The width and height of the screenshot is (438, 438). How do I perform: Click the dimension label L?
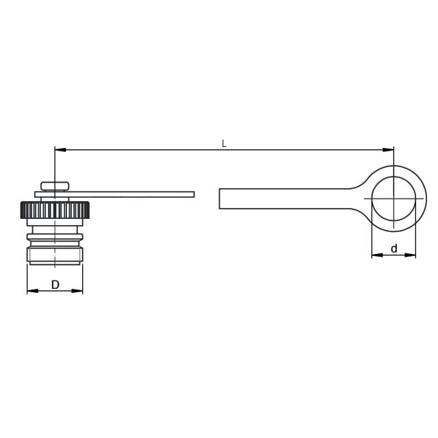(224, 144)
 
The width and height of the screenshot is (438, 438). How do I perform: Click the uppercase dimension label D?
(55, 285)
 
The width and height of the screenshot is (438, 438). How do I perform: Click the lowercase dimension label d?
(394, 248)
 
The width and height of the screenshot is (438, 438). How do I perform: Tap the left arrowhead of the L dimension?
(60, 150)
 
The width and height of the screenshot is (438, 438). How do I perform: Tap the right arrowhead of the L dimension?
(388, 150)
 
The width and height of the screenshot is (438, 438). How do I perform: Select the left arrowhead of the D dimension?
(32, 291)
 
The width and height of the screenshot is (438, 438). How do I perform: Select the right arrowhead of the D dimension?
(77, 291)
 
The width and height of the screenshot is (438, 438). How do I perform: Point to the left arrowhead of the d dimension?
(377, 255)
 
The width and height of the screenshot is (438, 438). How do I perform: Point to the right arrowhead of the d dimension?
(410, 255)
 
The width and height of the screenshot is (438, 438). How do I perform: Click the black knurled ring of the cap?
(55, 210)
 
